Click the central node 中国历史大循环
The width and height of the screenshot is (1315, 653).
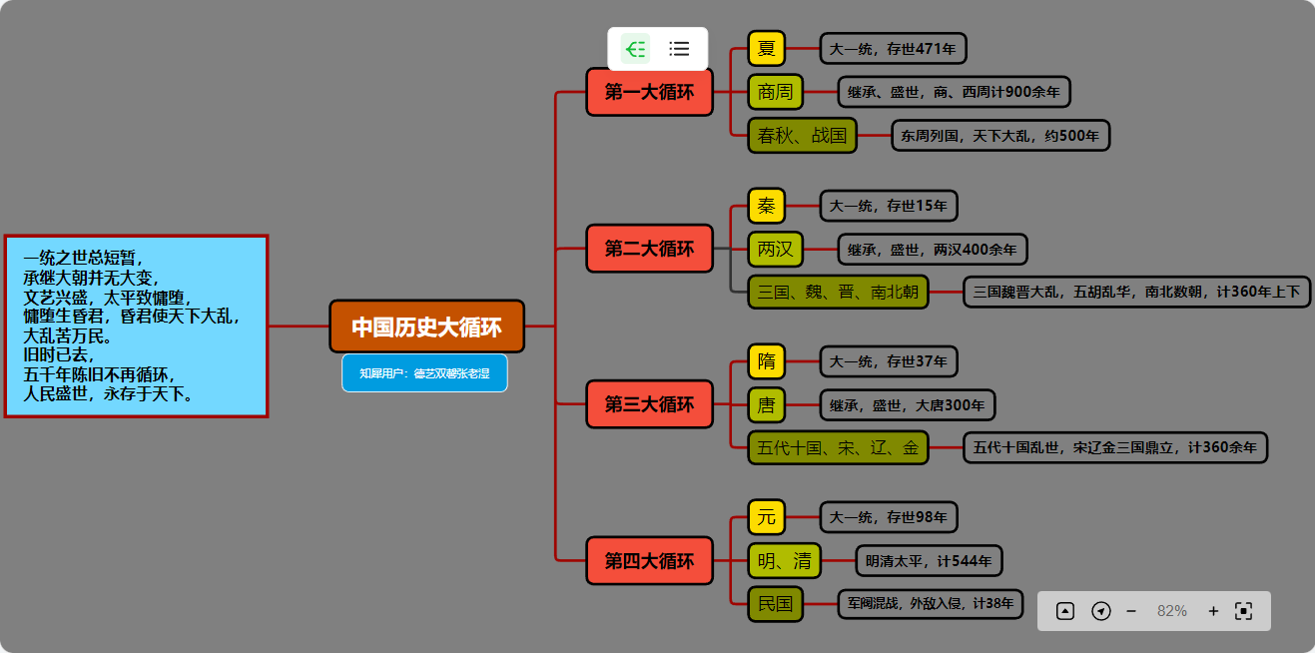(x=426, y=326)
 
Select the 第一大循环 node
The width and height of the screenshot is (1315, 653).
(x=649, y=92)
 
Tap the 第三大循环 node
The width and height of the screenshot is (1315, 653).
(x=649, y=404)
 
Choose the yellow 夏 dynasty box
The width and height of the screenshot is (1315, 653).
(x=767, y=48)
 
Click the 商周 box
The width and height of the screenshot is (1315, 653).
(x=775, y=92)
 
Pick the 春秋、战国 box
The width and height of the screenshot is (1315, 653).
(x=802, y=135)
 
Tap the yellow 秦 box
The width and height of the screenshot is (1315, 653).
(x=767, y=206)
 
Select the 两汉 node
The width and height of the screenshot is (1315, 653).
(x=775, y=249)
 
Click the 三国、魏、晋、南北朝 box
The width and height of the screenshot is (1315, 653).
(x=838, y=292)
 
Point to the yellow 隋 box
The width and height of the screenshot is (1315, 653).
(x=767, y=360)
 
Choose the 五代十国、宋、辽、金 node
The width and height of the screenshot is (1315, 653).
(x=838, y=447)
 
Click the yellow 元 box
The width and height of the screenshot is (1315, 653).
(x=767, y=517)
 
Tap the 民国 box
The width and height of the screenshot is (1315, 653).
(x=775, y=603)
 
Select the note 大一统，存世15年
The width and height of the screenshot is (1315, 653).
(x=889, y=206)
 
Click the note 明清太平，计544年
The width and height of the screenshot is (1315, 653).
(x=929, y=561)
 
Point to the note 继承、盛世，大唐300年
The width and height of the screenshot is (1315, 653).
(x=907, y=405)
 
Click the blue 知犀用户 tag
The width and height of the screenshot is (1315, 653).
(x=424, y=373)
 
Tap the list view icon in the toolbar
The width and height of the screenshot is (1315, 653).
(x=680, y=48)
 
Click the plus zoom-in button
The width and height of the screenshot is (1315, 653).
(x=1213, y=611)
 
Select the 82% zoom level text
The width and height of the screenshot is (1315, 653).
(x=1172, y=611)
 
